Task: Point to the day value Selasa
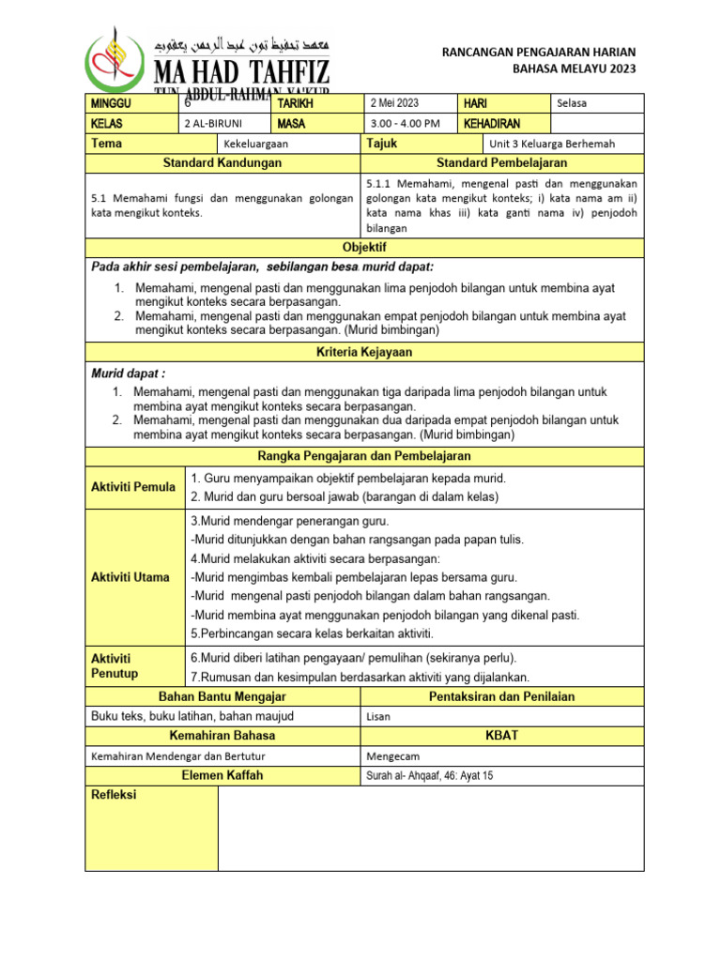tap(572, 103)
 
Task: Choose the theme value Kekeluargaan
tap(255, 145)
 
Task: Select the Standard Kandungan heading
tap(222, 163)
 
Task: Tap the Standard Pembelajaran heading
tap(502, 163)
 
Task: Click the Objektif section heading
tap(364, 247)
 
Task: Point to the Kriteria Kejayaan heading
tap(364, 352)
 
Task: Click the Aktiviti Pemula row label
tap(132, 487)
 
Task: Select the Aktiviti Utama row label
tap(130, 577)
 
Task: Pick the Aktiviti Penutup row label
tap(115, 666)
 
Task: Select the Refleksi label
tap(114, 795)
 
